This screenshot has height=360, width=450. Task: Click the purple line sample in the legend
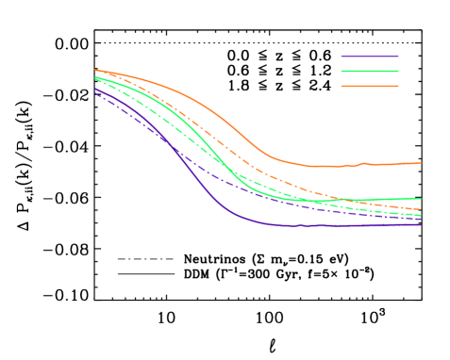(x=370, y=57)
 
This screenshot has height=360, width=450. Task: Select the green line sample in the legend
(x=370, y=71)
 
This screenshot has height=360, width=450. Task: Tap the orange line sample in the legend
(x=370, y=86)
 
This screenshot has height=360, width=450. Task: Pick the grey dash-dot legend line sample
(x=145, y=259)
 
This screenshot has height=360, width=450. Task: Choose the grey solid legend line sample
(x=145, y=273)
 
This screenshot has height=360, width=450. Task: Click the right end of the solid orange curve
(x=421, y=163)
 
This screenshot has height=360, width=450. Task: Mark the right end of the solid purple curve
(x=421, y=224)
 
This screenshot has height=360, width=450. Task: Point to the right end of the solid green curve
(x=421, y=199)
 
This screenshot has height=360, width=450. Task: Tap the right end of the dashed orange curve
(x=421, y=209)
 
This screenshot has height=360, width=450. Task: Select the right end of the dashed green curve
(x=421, y=215)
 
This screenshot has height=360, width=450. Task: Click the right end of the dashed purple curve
(x=421, y=219)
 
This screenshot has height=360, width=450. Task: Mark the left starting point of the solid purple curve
(x=95, y=90)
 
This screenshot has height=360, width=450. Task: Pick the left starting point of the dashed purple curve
(x=95, y=94)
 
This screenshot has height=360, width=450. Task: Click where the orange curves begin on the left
(x=95, y=70)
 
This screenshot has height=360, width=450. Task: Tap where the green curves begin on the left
(x=95, y=78)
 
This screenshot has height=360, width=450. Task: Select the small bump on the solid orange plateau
(x=363, y=163)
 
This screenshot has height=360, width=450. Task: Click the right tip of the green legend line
(x=398, y=71)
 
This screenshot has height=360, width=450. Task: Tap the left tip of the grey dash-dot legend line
(x=118, y=259)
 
